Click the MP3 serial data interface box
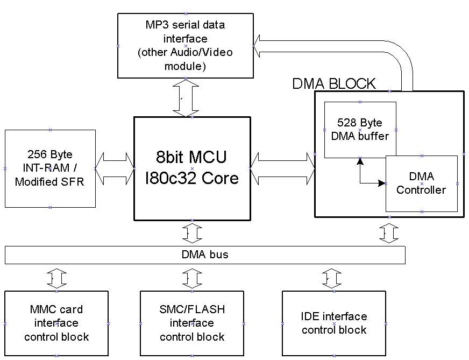(186, 45)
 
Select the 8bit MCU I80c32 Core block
(192, 168)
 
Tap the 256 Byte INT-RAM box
(50, 168)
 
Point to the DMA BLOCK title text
(333, 84)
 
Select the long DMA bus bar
(204, 255)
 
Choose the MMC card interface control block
(56, 323)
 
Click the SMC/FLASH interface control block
(192, 323)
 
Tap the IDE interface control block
(334, 323)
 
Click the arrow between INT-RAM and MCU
(115, 168)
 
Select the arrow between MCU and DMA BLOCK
(282, 168)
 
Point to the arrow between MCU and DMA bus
(192, 232)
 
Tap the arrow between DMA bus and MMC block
(56, 278)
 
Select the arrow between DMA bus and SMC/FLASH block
(192, 278)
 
